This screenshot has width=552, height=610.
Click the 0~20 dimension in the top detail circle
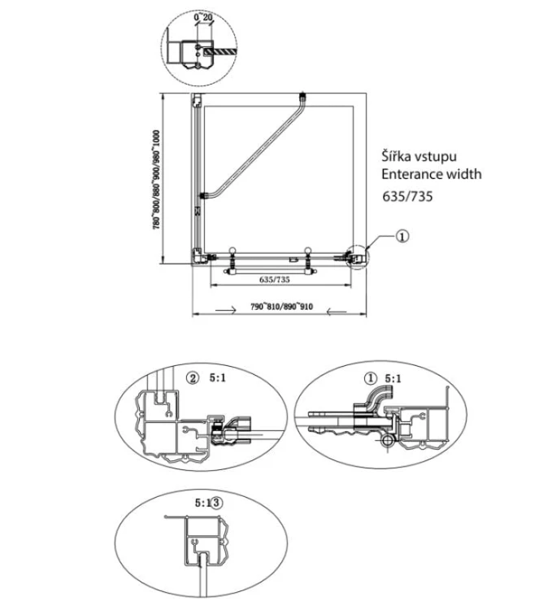[203, 17]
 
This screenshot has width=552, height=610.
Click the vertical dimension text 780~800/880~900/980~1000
[156, 180]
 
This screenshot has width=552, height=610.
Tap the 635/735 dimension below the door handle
[275, 279]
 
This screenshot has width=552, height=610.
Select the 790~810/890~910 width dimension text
[281, 307]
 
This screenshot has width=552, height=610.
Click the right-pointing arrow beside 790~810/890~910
[226, 310]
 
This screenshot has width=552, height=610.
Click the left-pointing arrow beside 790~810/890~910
[337, 312]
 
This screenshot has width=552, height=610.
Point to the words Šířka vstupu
[419, 156]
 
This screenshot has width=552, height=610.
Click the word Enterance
[411, 174]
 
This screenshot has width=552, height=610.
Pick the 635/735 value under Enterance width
[407, 196]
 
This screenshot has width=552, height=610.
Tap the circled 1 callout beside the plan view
[402, 236]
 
